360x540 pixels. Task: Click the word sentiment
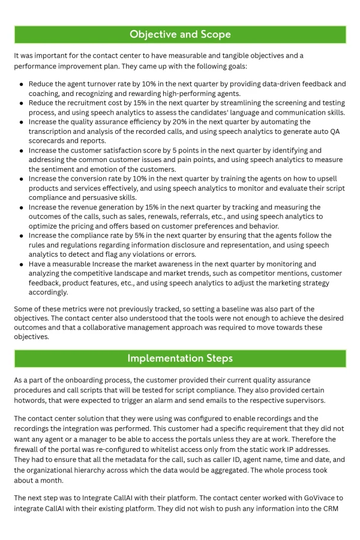(x=59, y=169)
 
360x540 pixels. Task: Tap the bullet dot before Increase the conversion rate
(x=22, y=179)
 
